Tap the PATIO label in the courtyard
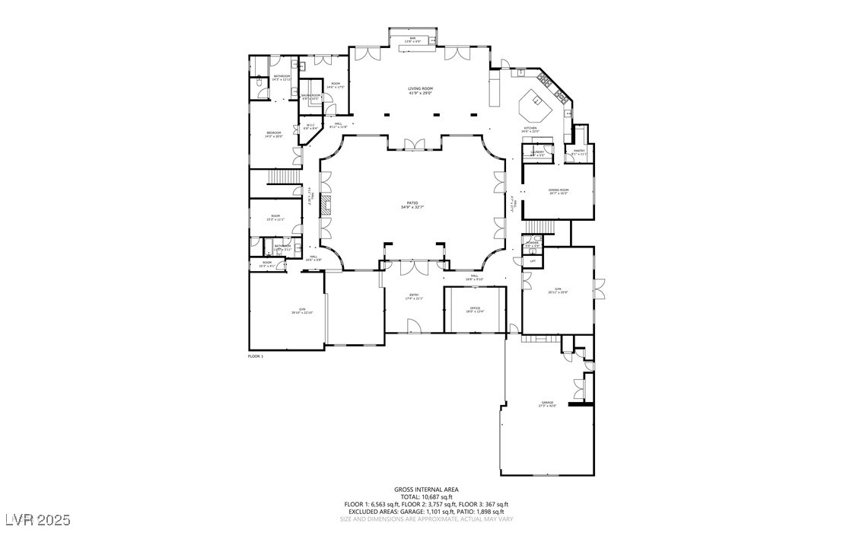tap(411, 204)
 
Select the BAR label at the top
tap(412, 38)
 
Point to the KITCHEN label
tap(530, 128)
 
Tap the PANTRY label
tap(578, 151)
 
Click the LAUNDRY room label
tap(537, 152)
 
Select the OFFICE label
tap(475, 308)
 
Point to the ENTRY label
tap(414, 295)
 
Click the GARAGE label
tap(547, 404)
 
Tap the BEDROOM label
tap(274, 132)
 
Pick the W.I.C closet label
tap(310, 126)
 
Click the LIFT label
tap(532, 260)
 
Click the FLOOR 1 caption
tap(256, 356)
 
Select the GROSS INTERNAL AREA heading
tap(426, 489)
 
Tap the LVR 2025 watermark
tap(36, 519)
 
